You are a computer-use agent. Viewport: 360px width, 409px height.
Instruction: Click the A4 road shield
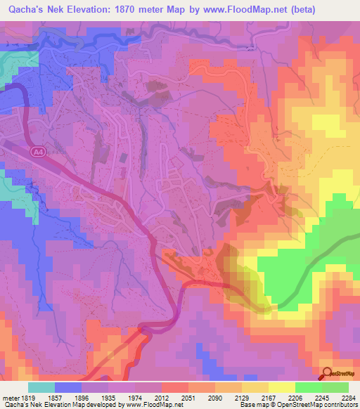click(36, 151)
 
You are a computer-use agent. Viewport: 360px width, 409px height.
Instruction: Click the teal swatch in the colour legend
click(41, 387)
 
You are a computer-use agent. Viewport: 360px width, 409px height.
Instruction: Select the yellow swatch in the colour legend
click(282, 387)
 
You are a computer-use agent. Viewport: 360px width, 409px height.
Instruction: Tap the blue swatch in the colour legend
click(68, 387)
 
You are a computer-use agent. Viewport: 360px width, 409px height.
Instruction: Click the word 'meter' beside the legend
click(10, 397)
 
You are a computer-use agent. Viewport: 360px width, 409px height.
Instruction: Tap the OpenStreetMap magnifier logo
click(327, 372)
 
